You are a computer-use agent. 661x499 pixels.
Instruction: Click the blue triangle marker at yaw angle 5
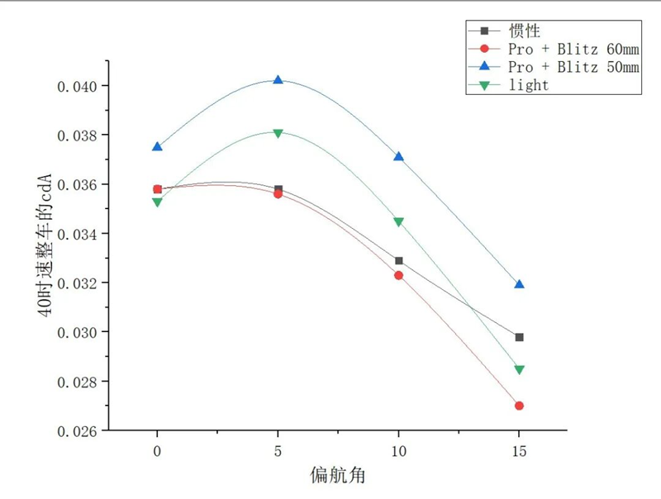(x=278, y=80)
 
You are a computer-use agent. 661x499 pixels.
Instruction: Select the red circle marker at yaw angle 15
(x=519, y=406)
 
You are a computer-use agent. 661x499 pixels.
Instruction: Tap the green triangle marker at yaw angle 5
(x=278, y=133)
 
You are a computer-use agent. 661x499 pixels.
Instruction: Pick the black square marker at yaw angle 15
(x=519, y=337)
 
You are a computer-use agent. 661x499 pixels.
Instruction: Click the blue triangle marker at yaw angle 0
(x=158, y=147)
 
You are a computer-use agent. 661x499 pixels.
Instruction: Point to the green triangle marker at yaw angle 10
(x=399, y=221)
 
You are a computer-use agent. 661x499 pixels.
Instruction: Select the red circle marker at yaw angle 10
(x=399, y=275)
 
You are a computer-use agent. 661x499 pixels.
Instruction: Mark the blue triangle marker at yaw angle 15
(x=519, y=284)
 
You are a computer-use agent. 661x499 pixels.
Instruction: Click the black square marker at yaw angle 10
(x=399, y=260)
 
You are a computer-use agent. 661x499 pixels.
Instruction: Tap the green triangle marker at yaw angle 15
(x=519, y=370)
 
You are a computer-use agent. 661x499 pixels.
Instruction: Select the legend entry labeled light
(x=529, y=84)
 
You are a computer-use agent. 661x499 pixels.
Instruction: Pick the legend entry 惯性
(x=525, y=31)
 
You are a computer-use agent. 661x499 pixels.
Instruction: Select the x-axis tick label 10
(x=399, y=451)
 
